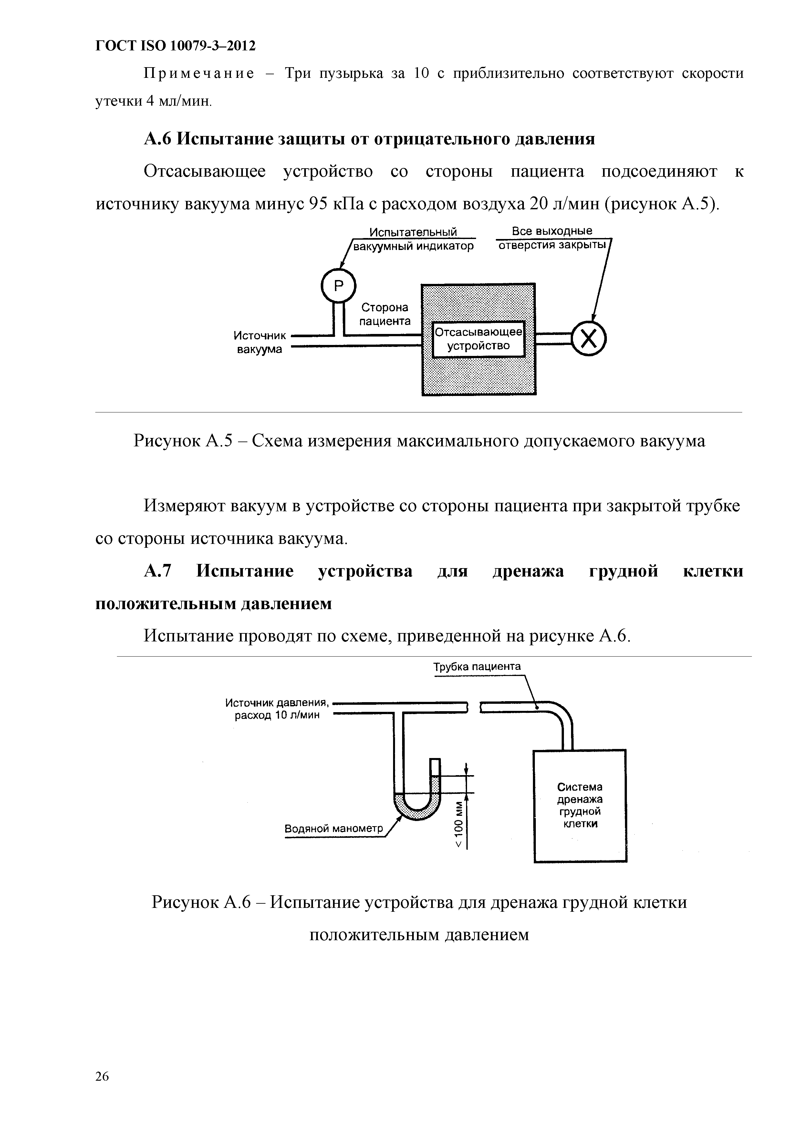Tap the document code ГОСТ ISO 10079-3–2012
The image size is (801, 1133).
pos(175,46)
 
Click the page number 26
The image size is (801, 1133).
pos(102,1076)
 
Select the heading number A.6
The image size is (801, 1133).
pos(157,139)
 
